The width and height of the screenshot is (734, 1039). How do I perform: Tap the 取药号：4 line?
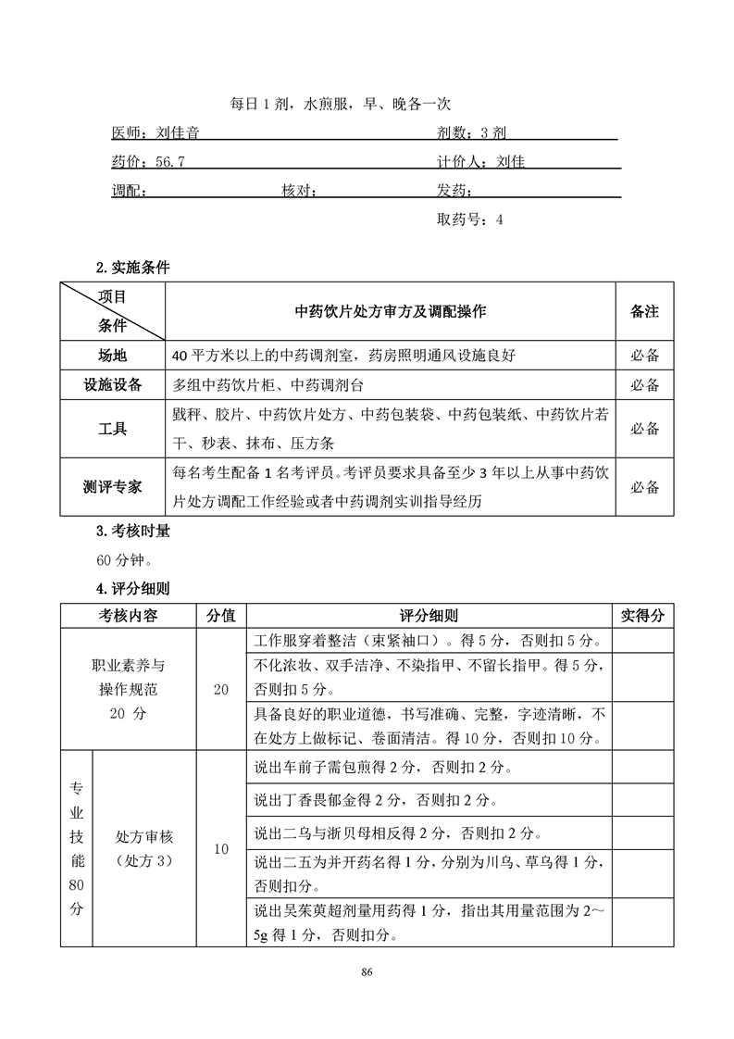(469, 220)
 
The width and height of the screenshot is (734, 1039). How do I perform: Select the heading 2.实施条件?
(132, 268)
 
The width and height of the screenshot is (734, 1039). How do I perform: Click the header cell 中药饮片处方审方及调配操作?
(390, 312)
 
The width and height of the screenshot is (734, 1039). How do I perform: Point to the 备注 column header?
(644, 312)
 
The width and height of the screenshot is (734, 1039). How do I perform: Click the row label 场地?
(113, 356)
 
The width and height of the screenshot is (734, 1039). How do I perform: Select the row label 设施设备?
(113, 384)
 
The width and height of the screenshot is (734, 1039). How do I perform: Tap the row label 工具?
(113, 429)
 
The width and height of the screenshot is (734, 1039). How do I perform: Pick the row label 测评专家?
(113, 487)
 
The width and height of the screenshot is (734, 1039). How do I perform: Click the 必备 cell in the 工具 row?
(644, 429)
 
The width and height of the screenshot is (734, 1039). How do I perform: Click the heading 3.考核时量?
(132, 532)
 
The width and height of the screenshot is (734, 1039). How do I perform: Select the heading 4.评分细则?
(132, 588)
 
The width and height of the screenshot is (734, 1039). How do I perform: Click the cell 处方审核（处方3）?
(144, 848)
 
